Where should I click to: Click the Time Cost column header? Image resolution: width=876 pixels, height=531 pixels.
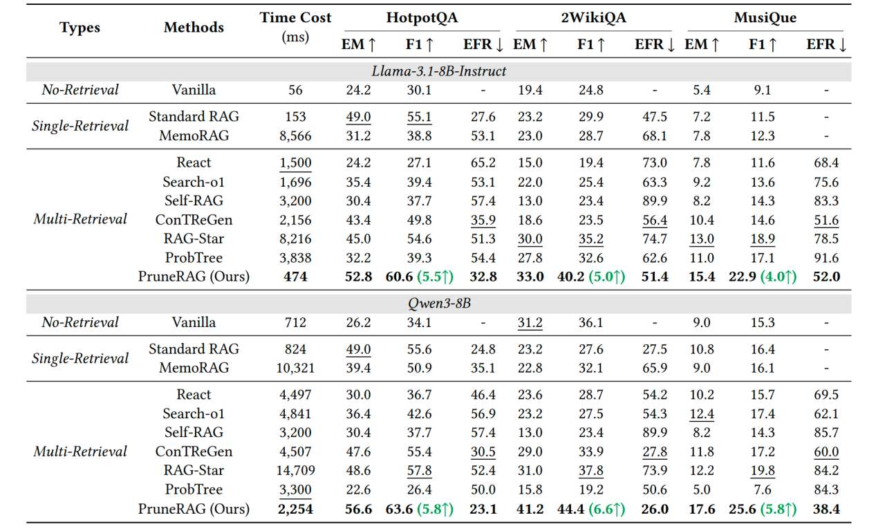tap(295, 18)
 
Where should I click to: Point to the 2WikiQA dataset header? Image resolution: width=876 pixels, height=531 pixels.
tap(593, 18)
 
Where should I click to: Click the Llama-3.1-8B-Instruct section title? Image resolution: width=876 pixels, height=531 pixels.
tap(438, 71)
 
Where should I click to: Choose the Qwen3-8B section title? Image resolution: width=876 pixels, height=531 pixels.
tap(438, 304)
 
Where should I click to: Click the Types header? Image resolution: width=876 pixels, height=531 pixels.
tap(80, 28)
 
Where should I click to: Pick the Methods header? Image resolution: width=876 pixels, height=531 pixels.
tap(194, 28)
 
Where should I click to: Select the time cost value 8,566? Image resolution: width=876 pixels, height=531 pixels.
tap(295, 136)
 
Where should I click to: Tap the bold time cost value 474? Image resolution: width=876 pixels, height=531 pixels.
tap(295, 277)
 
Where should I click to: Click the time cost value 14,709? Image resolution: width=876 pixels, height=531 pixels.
tap(295, 470)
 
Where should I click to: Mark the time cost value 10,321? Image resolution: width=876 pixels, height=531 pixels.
tap(295, 368)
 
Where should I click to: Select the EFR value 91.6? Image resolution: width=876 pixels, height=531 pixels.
tap(826, 258)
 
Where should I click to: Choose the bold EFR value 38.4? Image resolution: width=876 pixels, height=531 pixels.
tap(826, 510)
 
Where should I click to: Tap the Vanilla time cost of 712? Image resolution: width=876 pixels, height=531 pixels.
tap(295, 322)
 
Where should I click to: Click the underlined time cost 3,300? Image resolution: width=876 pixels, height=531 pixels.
tap(295, 490)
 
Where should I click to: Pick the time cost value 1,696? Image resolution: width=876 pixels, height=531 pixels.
tap(295, 182)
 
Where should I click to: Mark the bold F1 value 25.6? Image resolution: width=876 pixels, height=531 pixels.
tap(744, 510)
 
